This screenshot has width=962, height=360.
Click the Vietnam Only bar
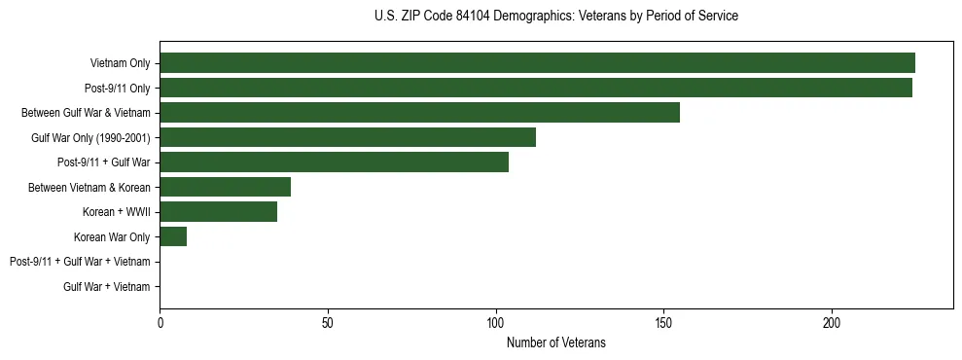537,63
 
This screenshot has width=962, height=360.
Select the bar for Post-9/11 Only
536,88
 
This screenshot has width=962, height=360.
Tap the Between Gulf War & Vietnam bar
419,112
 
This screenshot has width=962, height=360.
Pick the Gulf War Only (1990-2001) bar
347,137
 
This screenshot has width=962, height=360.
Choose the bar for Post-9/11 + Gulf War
334,162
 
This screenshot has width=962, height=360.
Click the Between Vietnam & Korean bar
225,187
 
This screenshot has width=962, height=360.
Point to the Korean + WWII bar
218,211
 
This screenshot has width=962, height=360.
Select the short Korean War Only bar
173,236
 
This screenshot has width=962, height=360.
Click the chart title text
555,17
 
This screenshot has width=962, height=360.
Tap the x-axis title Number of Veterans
555,342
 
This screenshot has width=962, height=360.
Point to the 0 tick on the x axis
160,322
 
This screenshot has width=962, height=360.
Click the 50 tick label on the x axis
328,322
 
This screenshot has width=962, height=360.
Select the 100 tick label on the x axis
496,322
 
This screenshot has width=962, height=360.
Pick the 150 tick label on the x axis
663,322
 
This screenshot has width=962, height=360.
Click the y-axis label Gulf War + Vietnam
106,286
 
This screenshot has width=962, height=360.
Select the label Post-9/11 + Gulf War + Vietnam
80,262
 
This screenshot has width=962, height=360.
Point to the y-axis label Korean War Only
112,236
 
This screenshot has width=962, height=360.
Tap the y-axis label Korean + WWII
117,211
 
